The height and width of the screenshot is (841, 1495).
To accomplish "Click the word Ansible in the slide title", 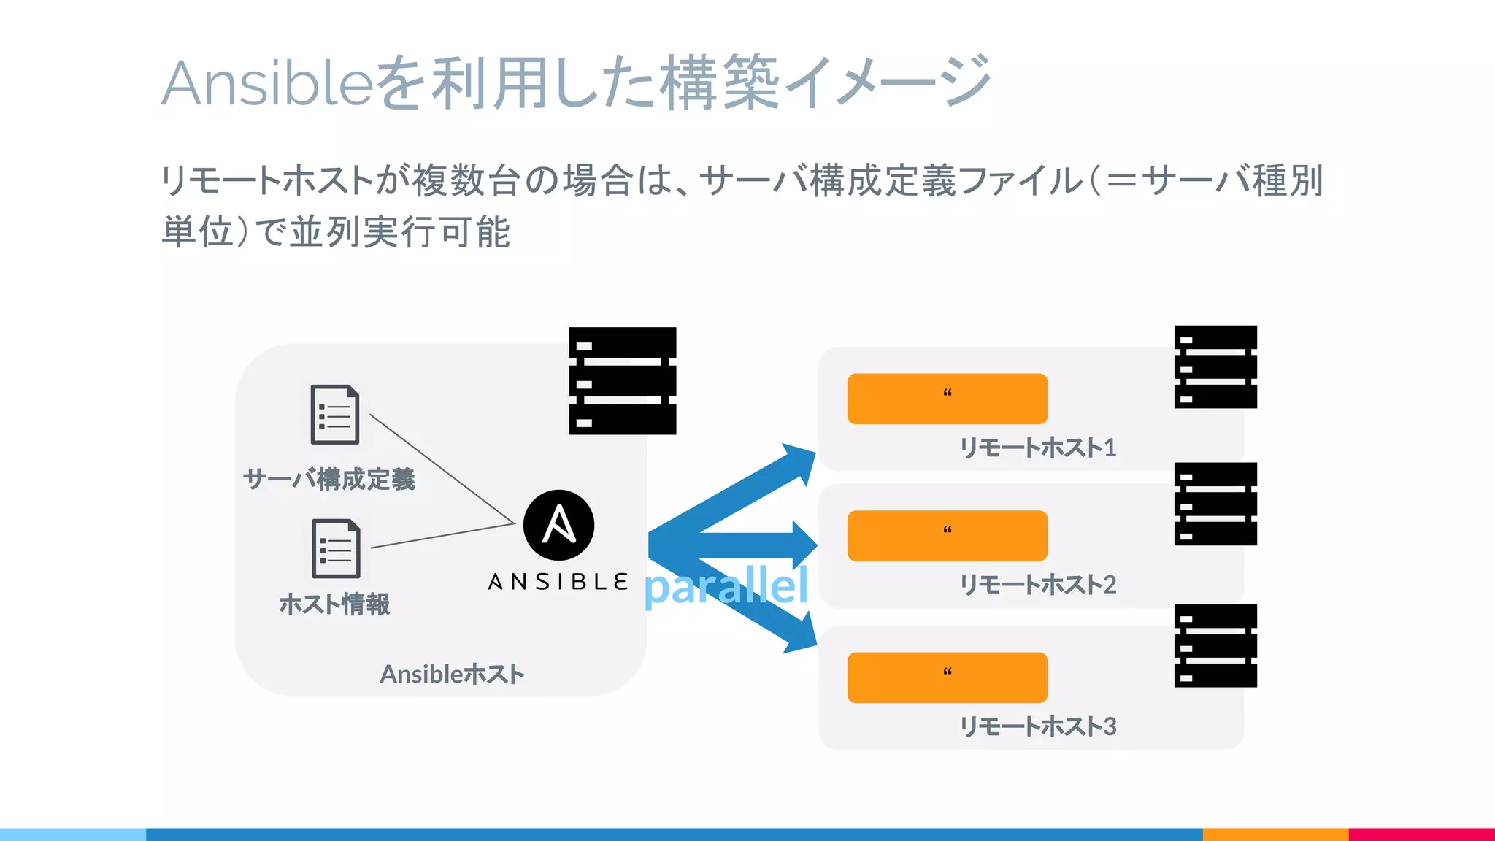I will point(267,82).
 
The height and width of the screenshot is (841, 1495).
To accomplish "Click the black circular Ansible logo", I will point(558,525).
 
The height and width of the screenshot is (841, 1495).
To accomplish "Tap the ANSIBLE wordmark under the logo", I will point(558,582).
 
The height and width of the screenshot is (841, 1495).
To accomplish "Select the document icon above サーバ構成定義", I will point(335,414).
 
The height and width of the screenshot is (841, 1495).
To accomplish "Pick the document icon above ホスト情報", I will point(336,548).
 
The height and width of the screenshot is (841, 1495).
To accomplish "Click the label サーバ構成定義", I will point(329,480).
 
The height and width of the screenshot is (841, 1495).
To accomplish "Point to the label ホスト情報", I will point(335,604).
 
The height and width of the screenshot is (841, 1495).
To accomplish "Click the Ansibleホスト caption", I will point(452,674).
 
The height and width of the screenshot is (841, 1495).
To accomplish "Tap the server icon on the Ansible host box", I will point(622,380).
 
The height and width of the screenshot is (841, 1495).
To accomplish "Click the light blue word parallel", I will point(726,585).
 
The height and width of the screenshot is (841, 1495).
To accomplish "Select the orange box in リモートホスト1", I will point(947,399).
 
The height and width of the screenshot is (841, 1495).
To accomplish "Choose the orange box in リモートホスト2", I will point(947,536).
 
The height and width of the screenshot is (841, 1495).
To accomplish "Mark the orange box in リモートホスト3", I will point(947,677).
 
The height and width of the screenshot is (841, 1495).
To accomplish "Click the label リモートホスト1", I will point(1037,448).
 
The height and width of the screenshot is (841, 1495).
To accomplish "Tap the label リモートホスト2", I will point(1037,585).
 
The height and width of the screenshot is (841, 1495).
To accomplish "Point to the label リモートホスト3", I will point(1037,726).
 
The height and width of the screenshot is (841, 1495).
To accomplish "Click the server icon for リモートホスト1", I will point(1215,366).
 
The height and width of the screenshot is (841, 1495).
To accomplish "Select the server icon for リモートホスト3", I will point(1215,645).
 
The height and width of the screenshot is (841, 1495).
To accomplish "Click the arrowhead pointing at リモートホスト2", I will point(802,545).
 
